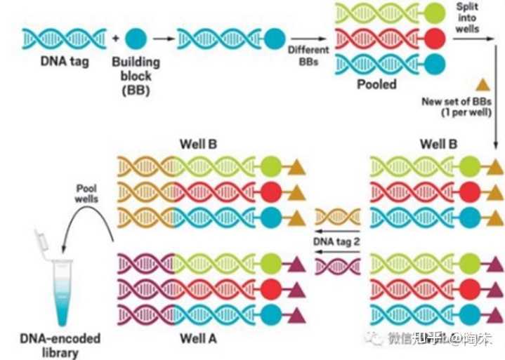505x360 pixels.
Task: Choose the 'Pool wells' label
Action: [x=87, y=194]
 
